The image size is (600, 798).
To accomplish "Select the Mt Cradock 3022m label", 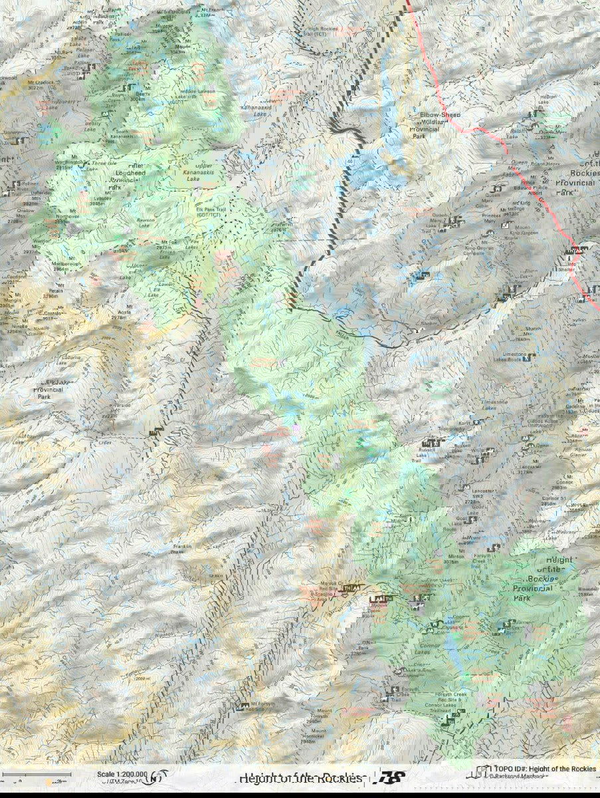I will pyautogui.click(x=35, y=84).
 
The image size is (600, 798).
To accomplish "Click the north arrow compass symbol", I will pyautogui.click(x=157, y=776).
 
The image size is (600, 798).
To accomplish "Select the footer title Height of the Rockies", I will pyautogui.click(x=301, y=778).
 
